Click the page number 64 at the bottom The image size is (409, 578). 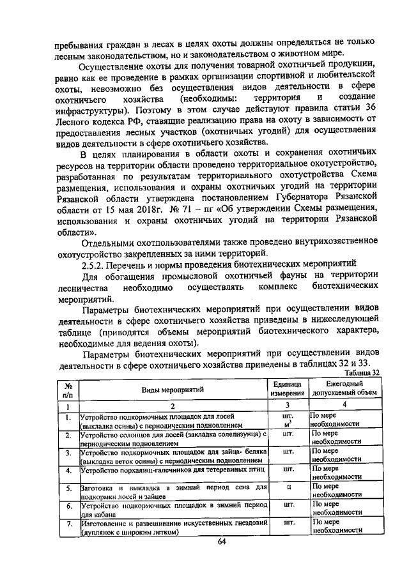coord(204,542)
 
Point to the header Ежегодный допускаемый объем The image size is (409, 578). coord(344,389)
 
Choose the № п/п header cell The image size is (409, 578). coord(67,389)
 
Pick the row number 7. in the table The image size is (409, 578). coord(67,525)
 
